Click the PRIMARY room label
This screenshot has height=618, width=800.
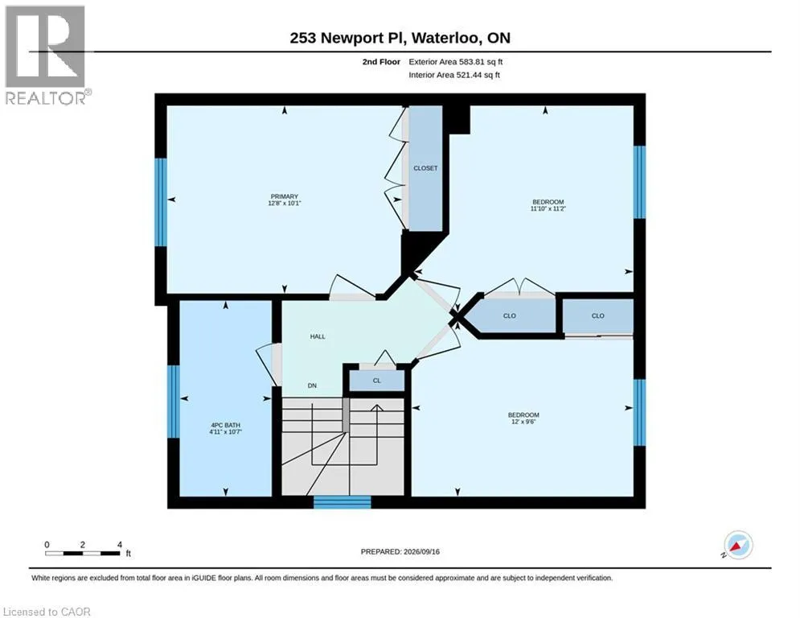click(x=284, y=196)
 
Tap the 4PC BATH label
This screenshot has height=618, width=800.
click(x=225, y=425)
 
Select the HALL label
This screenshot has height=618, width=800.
click(x=318, y=336)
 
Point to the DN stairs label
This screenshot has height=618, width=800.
click(x=312, y=385)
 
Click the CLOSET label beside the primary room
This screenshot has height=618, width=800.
click(x=425, y=168)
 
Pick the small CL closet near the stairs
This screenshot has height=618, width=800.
click(x=376, y=381)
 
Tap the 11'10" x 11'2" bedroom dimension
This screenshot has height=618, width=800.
click(x=548, y=208)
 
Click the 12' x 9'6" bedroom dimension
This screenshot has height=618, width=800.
click(x=523, y=422)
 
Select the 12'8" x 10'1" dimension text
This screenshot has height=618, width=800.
click(x=284, y=204)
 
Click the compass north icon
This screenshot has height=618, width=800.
click(x=738, y=545)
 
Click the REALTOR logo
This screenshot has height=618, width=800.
click(x=47, y=56)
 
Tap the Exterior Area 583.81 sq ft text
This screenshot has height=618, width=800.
click(x=456, y=62)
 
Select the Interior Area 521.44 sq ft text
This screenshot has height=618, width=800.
click(x=454, y=75)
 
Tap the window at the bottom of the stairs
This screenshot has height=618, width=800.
click(x=342, y=502)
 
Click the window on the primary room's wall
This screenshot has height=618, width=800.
click(x=161, y=202)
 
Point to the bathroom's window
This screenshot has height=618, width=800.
click(x=174, y=402)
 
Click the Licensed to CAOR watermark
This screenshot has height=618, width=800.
click(x=47, y=612)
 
